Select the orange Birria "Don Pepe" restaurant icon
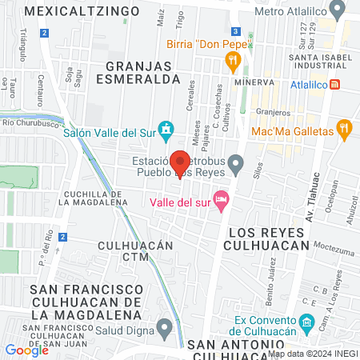click(233, 59)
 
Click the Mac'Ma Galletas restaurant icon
click(345, 128)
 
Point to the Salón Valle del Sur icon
click(166, 128)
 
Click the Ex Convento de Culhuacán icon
click(308, 322)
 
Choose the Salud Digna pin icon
click(166, 326)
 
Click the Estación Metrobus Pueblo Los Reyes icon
click(235, 165)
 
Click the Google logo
click(26, 350)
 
